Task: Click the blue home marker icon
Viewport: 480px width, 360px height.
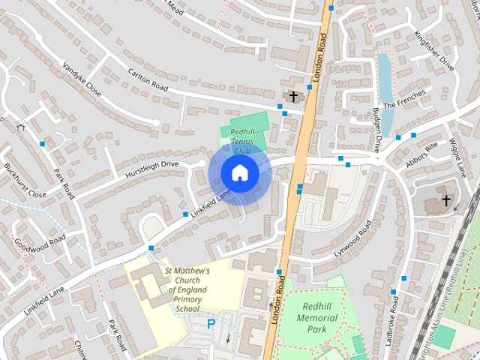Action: pos(239,172)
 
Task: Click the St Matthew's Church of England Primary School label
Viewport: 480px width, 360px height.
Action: pos(187,289)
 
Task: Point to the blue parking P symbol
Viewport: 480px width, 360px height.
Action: pos(211,324)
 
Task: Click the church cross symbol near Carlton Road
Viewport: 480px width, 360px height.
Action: pos(293,97)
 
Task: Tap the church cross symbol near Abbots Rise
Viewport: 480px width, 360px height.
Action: pos(446,200)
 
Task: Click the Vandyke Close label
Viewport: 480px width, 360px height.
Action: pos(82,79)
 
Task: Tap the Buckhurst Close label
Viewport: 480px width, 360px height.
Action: pos(25,180)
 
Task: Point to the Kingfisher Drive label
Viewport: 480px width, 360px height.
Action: pos(434,50)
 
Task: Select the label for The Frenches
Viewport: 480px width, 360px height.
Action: pos(404,100)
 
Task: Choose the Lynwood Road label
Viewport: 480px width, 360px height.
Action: pos(353,238)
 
